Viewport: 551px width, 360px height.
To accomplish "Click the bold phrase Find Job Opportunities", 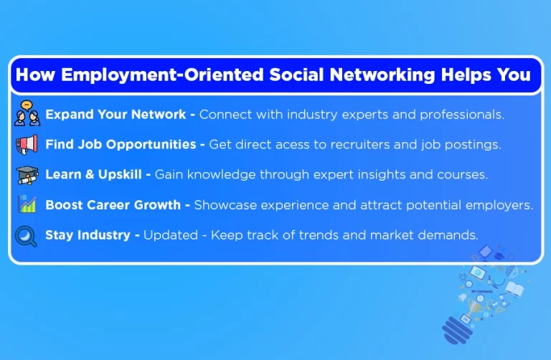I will [x=121, y=145].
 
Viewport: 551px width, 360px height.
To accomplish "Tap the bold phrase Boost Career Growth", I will [x=113, y=205].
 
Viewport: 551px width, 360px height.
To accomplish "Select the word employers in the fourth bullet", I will [x=501, y=205].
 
